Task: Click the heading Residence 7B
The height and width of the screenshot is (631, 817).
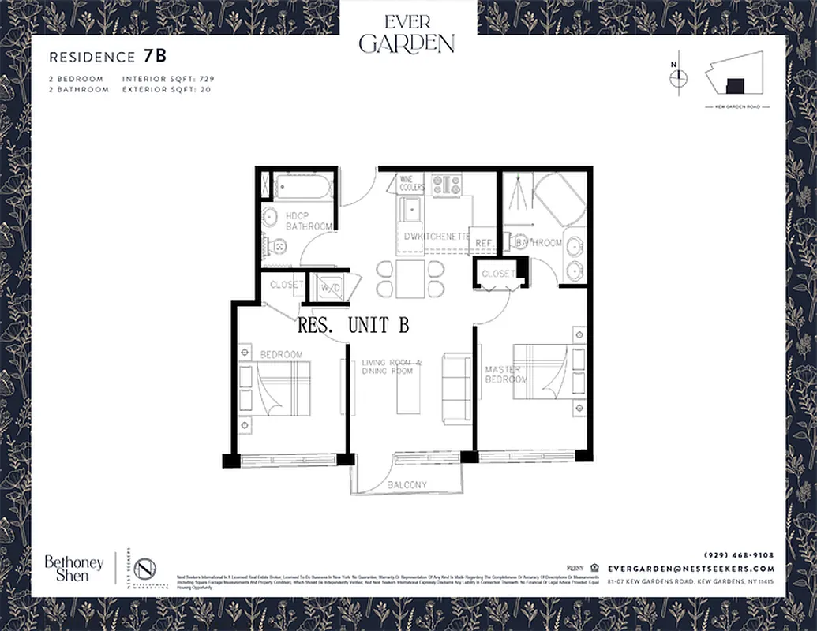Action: tap(107, 57)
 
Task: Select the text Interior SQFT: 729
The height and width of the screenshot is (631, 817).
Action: tap(168, 79)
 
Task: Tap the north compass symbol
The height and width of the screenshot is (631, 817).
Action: tap(677, 77)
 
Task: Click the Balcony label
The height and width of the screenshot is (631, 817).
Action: tap(407, 484)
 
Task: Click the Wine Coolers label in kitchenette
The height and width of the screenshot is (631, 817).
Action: tap(412, 184)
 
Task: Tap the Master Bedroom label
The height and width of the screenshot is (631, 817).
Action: tap(505, 375)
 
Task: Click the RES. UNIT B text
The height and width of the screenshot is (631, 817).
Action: tap(353, 324)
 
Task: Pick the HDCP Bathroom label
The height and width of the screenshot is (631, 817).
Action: tap(309, 221)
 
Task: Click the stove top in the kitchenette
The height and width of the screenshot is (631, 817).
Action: tap(447, 185)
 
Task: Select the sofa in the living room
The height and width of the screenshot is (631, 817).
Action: tap(456, 387)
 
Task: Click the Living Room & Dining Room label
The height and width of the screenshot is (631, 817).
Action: tap(392, 367)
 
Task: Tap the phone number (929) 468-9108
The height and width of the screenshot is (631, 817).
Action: tap(738, 555)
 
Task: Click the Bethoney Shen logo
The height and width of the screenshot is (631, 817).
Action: tap(73, 568)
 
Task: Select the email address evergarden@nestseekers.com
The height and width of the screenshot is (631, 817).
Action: tap(691, 568)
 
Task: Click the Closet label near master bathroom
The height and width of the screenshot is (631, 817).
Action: tap(497, 274)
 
